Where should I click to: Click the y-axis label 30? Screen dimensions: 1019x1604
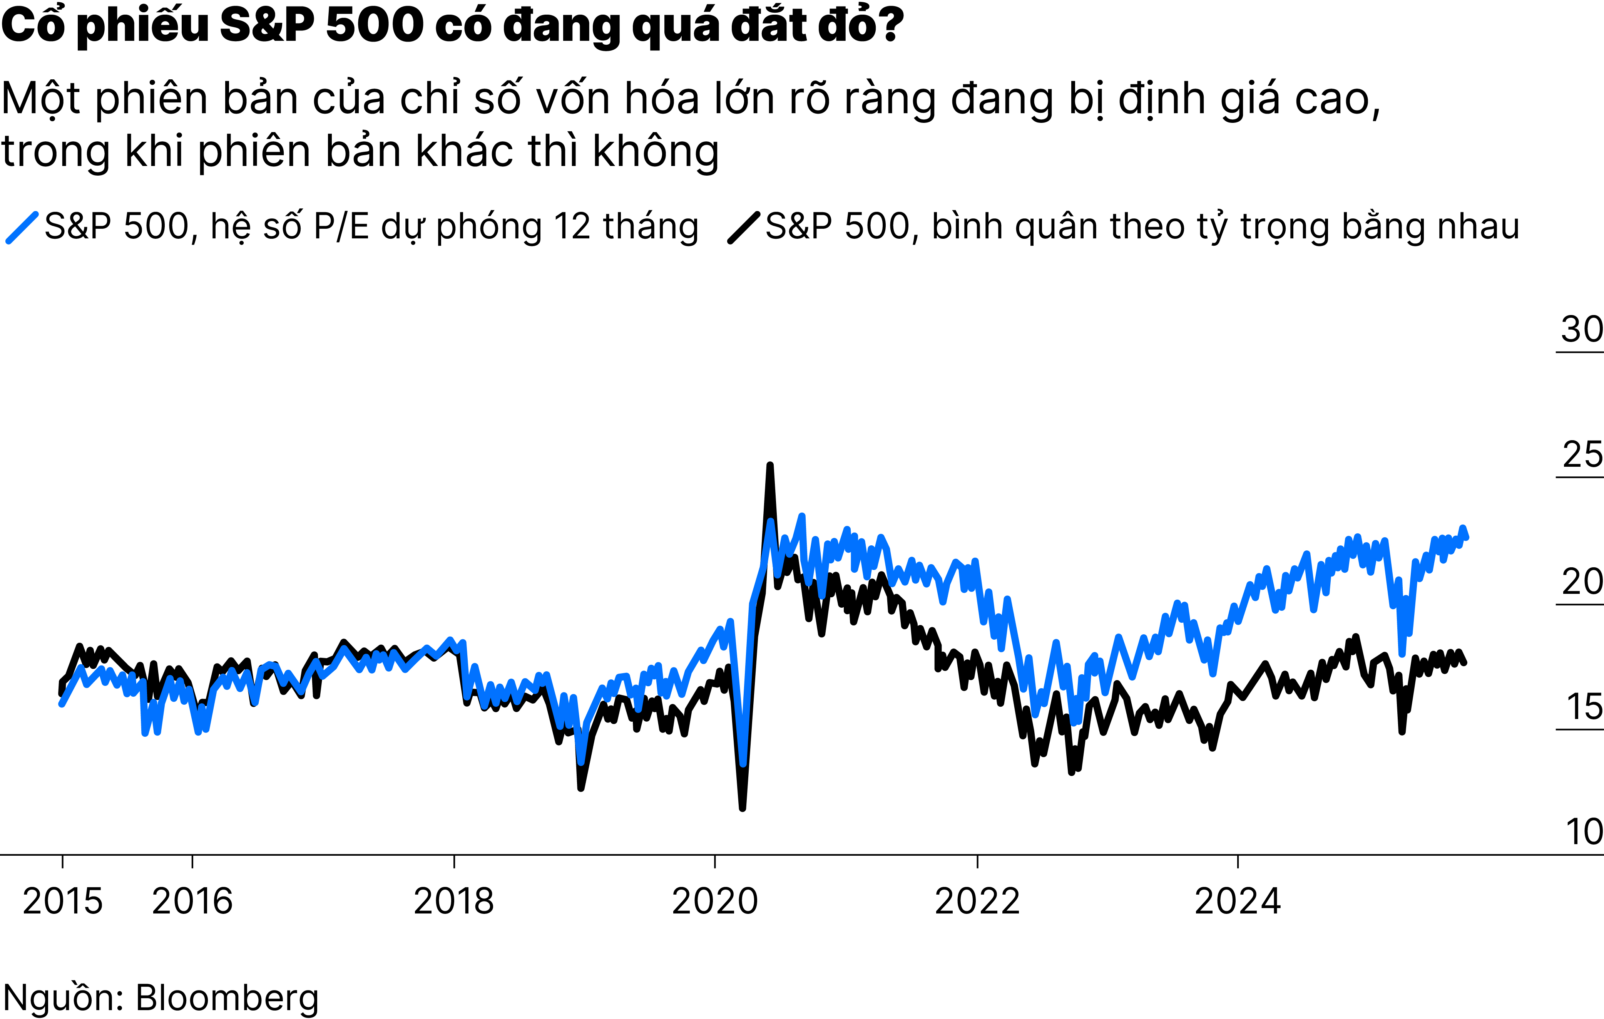[1581, 329]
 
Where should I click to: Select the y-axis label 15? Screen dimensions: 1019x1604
[1584, 707]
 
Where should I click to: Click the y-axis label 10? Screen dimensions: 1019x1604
[1584, 832]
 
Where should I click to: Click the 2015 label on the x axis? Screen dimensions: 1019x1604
[63, 902]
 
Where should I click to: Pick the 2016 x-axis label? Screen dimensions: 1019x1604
[192, 902]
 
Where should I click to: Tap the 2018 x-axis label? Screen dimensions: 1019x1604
[453, 902]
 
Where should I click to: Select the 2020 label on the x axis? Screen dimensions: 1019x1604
[715, 902]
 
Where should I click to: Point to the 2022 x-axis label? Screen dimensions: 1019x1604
[977, 902]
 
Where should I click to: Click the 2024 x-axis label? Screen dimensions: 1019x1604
[1238, 902]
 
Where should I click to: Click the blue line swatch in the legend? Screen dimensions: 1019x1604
[22, 227]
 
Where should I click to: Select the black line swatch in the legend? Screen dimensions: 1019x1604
[743, 227]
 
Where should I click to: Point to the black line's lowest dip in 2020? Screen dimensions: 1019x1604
[743, 808]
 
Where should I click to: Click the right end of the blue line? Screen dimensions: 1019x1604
[1467, 537]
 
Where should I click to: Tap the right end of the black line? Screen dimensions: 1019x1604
[1464, 662]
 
